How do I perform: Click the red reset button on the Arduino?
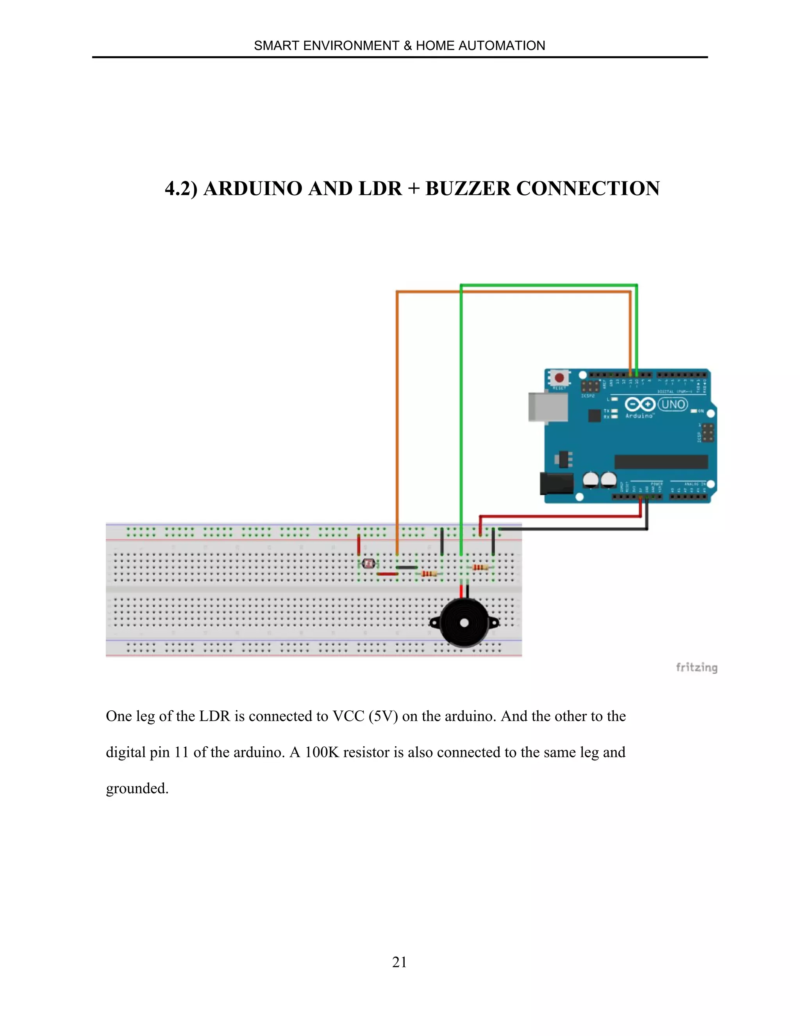click(x=559, y=378)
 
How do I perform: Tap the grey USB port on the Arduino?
click(x=548, y=407)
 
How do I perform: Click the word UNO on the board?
click(x=673, y=404)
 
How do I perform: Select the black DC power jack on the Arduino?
click(x=556, y=483)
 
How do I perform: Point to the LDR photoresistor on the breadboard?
click(x=368, y=563)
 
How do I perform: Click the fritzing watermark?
click(x=696, y=668)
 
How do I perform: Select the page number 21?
click(x=399, y=962)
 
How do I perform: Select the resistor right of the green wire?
click(x=480, y=567)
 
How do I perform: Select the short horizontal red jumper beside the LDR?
click(x=387, y=574)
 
